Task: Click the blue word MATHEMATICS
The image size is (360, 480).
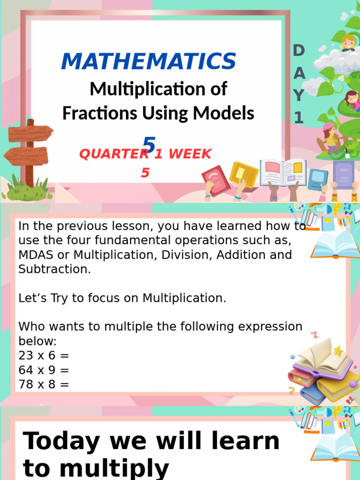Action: click(x=148, y=62)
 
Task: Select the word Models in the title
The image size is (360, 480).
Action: click(x=230, y=113)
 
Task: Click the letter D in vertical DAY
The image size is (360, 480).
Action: click(x=299, y=51)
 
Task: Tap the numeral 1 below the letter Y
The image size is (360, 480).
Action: click(x=299, y=118)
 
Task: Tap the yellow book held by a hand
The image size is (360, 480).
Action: click(x=244, y=174)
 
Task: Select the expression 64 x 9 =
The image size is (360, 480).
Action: click(x=44, y=370)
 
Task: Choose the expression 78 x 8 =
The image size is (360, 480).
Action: click(x=44, y=384)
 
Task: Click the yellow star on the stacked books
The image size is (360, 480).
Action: click(x=338, y=351)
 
